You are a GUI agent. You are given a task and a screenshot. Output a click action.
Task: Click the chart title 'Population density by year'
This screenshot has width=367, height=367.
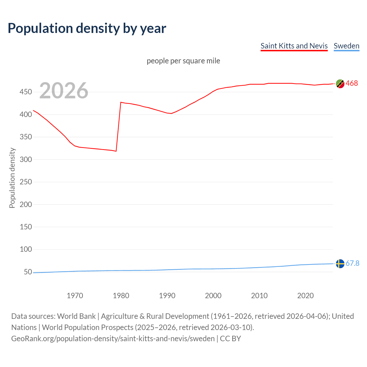coord(87,28)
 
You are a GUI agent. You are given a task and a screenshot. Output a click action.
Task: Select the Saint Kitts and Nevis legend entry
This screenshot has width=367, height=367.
coord(294,46)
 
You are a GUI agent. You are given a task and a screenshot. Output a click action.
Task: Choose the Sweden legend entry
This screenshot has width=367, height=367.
coord(346,46)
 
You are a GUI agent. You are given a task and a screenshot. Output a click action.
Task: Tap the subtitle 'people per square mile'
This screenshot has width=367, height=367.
coord(183,61)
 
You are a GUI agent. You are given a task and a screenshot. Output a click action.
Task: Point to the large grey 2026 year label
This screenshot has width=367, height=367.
coord(64,91)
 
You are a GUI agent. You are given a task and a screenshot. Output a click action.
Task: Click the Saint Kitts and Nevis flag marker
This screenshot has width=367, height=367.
coord(340,84)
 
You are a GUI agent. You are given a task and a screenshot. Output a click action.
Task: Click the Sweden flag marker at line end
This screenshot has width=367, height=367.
coord(340,263)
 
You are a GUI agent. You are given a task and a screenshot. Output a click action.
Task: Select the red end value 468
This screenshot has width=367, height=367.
coord(352,83)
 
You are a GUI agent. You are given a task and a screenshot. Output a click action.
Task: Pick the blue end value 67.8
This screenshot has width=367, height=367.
coord(352,263)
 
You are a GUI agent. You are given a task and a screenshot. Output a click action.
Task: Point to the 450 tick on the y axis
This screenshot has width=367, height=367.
coord(26,92)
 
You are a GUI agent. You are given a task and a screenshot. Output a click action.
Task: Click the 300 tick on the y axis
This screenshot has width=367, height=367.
coord(26,159)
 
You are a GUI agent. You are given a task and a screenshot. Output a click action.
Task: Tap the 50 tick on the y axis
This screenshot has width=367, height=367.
coord(28,272)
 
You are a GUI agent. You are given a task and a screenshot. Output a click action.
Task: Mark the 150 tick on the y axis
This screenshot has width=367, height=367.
coord(26,227)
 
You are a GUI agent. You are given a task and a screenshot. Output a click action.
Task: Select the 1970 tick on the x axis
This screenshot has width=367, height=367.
coord(75,296)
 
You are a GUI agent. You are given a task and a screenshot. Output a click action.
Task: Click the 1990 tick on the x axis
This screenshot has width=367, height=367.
coord(167,296)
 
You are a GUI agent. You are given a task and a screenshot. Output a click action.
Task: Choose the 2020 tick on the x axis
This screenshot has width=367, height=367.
coord(305,296)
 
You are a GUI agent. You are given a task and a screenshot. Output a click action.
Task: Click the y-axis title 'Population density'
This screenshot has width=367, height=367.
coord(12,178)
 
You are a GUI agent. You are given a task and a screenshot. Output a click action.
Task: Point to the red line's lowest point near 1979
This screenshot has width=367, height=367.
coord(116,151)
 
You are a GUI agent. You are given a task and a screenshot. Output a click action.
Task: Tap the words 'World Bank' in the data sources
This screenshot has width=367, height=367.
coord(76,316)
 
